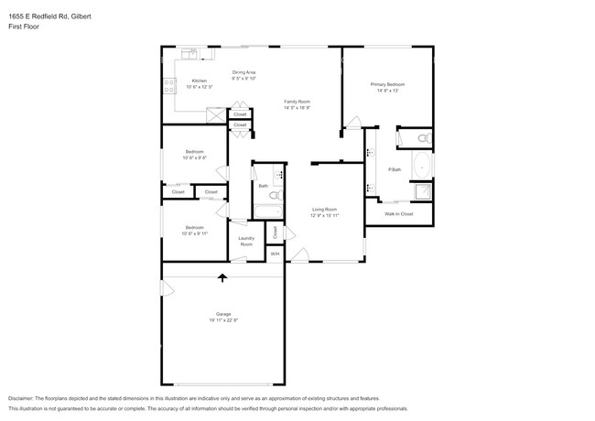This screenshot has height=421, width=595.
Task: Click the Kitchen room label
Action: (199, 81)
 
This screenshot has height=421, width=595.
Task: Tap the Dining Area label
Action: (243, 71)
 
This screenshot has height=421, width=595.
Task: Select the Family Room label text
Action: (297, 102)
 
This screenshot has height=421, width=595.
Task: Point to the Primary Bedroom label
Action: (387, 84)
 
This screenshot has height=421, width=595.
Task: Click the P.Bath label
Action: (395, 169)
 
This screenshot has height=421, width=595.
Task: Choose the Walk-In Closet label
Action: (398, 213)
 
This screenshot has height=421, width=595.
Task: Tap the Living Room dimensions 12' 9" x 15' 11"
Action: (325, 215)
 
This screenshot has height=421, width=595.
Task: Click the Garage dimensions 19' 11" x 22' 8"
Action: (222, 321)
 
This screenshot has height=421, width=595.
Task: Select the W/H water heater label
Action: (274, 254)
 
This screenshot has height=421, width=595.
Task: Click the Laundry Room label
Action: (246, 243)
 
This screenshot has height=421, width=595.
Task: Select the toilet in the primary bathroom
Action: (422, 138)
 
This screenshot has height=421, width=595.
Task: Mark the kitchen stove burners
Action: (170, 88)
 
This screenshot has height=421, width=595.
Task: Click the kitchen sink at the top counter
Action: (189, 54)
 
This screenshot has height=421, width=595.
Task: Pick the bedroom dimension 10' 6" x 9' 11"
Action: (195, 233)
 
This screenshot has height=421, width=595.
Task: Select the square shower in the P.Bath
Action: (422, 191)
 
